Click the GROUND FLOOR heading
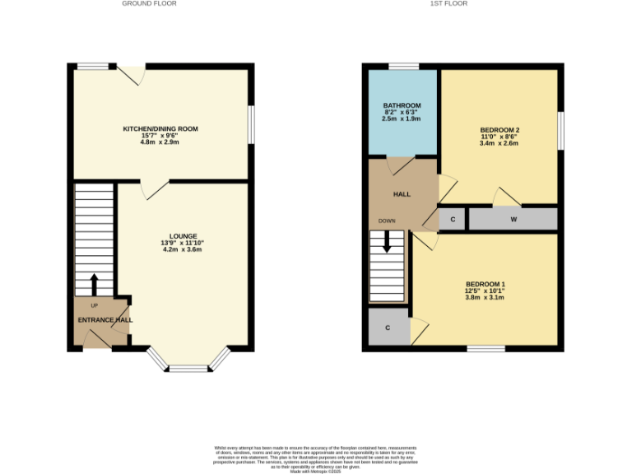[x=149, y=3]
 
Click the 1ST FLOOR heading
[x=448, y=3]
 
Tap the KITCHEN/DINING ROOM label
[x=160, y=129]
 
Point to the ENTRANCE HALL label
[x=105, y=320]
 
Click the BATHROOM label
[x=402, y=105]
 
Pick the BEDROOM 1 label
[x=485, y=285]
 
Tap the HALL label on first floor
[x=402, y=194]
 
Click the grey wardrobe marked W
[x=513, y=219]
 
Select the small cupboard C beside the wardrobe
[x=452, y=219]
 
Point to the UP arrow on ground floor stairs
[x=93, y=285]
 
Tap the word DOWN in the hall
[x=387, y=221]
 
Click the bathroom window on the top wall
[x=402, y=66]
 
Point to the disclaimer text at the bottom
[x=316, y=458]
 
